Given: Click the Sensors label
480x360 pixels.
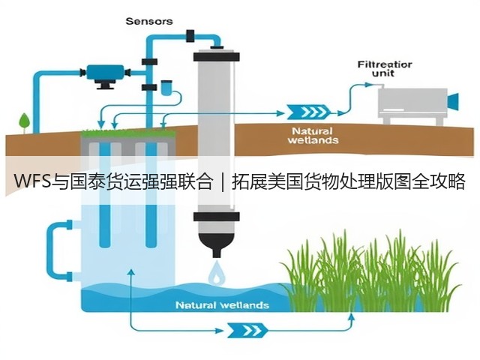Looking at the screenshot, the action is coord(149,21).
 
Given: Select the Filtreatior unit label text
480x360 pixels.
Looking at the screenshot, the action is coord(385,69).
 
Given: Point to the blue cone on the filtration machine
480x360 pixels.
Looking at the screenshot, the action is coord(453,101).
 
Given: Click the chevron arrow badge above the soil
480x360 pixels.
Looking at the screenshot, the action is coord(308,112).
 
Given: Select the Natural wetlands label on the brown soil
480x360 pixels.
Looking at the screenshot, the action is coord(313,136).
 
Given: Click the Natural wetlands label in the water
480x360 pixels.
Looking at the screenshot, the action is coord(223,305).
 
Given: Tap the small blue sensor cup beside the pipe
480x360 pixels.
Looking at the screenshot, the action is coord(166,88).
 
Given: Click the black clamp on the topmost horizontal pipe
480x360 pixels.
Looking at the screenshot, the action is coord(190,36).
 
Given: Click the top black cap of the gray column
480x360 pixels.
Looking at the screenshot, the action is coord(217,56).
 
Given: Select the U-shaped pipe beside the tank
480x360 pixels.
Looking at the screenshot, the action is coord(58,250).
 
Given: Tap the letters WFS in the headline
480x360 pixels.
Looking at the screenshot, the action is coord(32,181).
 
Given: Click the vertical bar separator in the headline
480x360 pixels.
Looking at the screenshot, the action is coord(222,181).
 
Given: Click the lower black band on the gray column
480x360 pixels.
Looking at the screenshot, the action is coord(217,217).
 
